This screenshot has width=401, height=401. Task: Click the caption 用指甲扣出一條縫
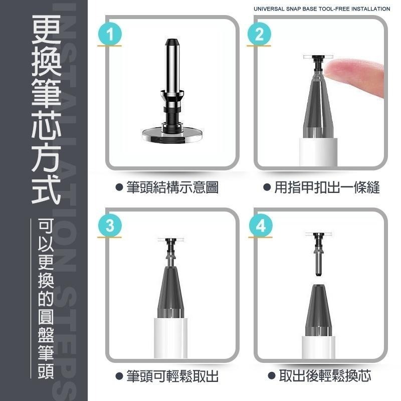(326, 188)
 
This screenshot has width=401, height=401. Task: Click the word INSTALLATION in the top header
(369, 9)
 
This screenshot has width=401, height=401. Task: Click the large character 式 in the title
(46, 186)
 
